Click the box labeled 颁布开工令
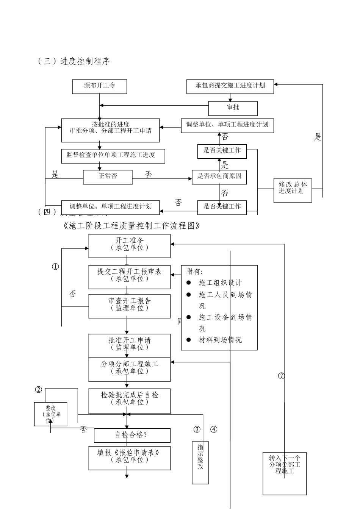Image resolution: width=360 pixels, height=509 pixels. pyautogui.click(x=100, y=86)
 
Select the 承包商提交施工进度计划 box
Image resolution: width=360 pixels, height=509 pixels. pyautogui.click(x=230, y=86)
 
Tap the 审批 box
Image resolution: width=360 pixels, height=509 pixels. pyautogui.click(x=233, y=108)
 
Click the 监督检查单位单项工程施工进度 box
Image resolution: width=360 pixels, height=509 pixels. pyautogui.click(x=113, y=156)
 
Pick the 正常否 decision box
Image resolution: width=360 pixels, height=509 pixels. pyautogui.click(x=108, y=177)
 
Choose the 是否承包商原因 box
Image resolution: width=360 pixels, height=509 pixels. pyautogui.click(x=219, y=177)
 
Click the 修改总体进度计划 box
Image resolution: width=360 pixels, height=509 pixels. pyautogui.click(x=293, y=188)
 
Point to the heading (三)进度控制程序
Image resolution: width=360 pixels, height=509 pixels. pyautogui.click(x=74, y=61)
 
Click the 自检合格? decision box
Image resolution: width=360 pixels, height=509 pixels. pyautogui.click(x=132, y=435)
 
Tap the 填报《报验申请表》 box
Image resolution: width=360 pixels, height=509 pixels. pyautogui.click(x=129, y=457)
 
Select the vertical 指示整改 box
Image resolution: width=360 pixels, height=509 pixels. pyautogui.click(x=200, y=462)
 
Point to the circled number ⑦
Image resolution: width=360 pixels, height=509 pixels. pyautogui.click(x=281, y=376)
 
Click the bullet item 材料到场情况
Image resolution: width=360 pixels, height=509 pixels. pyautogui.click(x=220, y=340)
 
